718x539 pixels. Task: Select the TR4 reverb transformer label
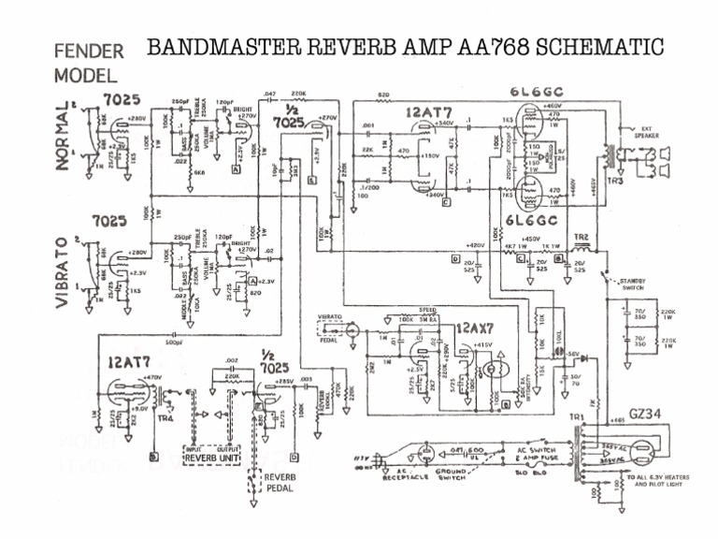click(165, 419)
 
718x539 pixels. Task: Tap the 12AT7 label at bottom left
click(129, 362)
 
